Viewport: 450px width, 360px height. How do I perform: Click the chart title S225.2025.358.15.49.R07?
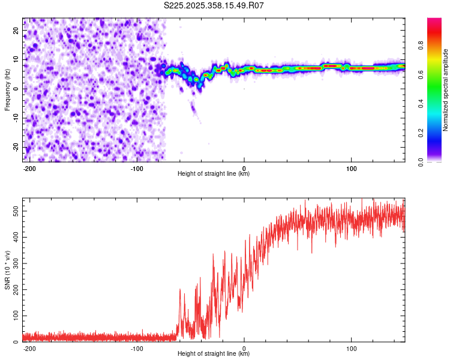(214, 5)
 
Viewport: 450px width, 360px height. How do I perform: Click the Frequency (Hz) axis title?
(7, 89)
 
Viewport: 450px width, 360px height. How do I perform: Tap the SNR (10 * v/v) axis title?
(7, 270)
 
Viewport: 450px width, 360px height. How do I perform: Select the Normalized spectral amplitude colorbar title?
(446, 89)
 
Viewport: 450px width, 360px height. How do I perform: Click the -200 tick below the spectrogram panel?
(29, 167)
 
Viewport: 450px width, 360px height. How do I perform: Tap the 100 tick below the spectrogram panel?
(350, 167)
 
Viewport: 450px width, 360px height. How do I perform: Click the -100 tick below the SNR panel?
(136, 348)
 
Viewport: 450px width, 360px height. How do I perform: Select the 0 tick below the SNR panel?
(244, 348)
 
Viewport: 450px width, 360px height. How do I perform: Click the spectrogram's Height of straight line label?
(214, 174)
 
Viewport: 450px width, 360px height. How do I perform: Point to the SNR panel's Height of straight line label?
(214, 354)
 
